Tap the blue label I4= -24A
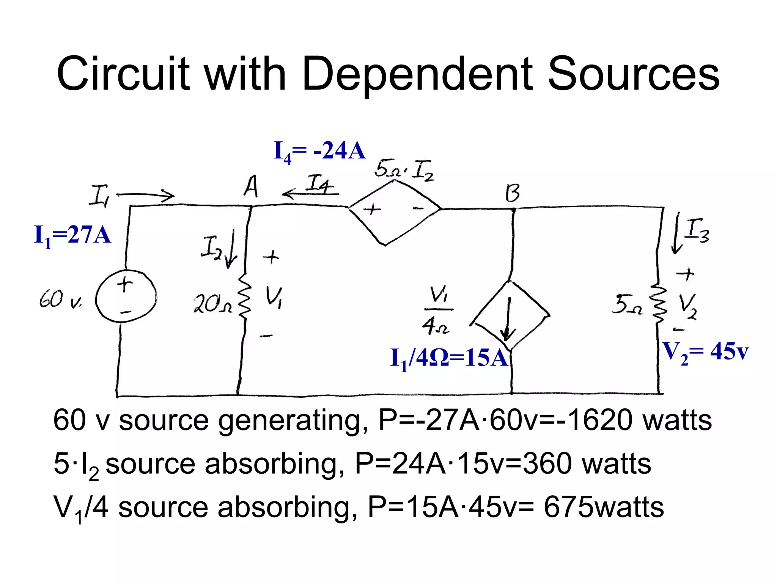319,151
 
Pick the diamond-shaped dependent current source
510,315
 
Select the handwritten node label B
512,193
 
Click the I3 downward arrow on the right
676,233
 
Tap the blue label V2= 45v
705,352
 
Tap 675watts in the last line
603,507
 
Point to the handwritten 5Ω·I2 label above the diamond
404,170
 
